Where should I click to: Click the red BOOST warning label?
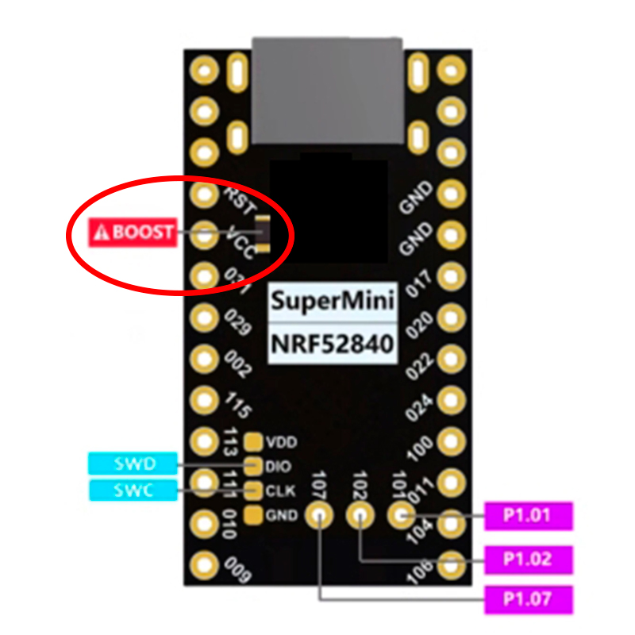[x=133, y=232]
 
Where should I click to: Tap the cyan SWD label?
[x=133, y=463]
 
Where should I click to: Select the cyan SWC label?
[x=133, y=490]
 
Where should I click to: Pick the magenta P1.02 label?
[x=527, y=558]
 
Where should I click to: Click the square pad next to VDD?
[x=254, y=441]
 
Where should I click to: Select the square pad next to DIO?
[x=254, y=465]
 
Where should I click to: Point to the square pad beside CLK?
[x=254, y=490]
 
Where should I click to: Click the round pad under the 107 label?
[x=320, y=515]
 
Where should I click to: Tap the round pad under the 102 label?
[x=360, y=515]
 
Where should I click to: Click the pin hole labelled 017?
[x=452, y=276]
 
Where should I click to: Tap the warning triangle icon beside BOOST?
[x=101, y=233]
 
